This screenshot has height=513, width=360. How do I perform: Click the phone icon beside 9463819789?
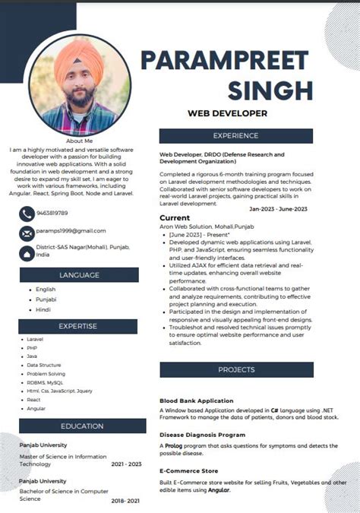point(27,214)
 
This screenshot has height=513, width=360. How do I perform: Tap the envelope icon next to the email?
point(27,233)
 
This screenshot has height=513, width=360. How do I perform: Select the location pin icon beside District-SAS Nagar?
point(27,252)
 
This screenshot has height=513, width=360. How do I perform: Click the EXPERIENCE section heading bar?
point(235,136)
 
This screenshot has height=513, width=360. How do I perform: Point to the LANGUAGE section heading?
point(79,275)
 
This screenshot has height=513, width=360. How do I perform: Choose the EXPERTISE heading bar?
point(78,326)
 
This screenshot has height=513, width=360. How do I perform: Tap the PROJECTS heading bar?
point(235,369)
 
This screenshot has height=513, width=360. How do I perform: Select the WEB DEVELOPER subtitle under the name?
point(227,113)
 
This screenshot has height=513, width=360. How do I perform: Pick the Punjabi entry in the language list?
point(46,299)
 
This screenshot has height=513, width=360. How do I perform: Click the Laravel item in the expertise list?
point(35,339)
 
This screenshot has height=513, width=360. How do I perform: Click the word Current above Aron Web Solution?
point(175,218)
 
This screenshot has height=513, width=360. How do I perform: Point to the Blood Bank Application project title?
point(196,401)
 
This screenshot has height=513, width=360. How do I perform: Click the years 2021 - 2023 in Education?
point(126,464)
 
